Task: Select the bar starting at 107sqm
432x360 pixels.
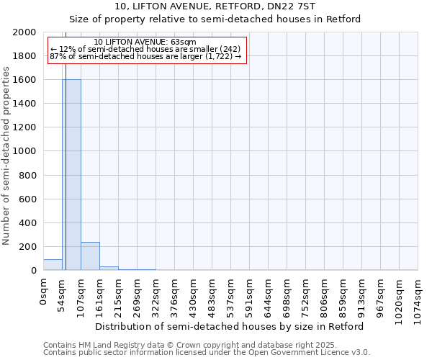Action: pyautogui.click(x=90, y=256)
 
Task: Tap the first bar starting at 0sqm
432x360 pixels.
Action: pyautogui.click(x=53, y=264)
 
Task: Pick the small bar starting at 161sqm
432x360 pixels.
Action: pyautogui.click(x=109, y=268)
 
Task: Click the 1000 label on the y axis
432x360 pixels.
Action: pyautogui.click(x=25, y=151)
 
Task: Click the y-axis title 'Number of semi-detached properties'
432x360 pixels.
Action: pyautogui.click(x=6, y=156)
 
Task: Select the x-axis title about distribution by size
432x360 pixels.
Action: pyautogui.click(x=230, y=326)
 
